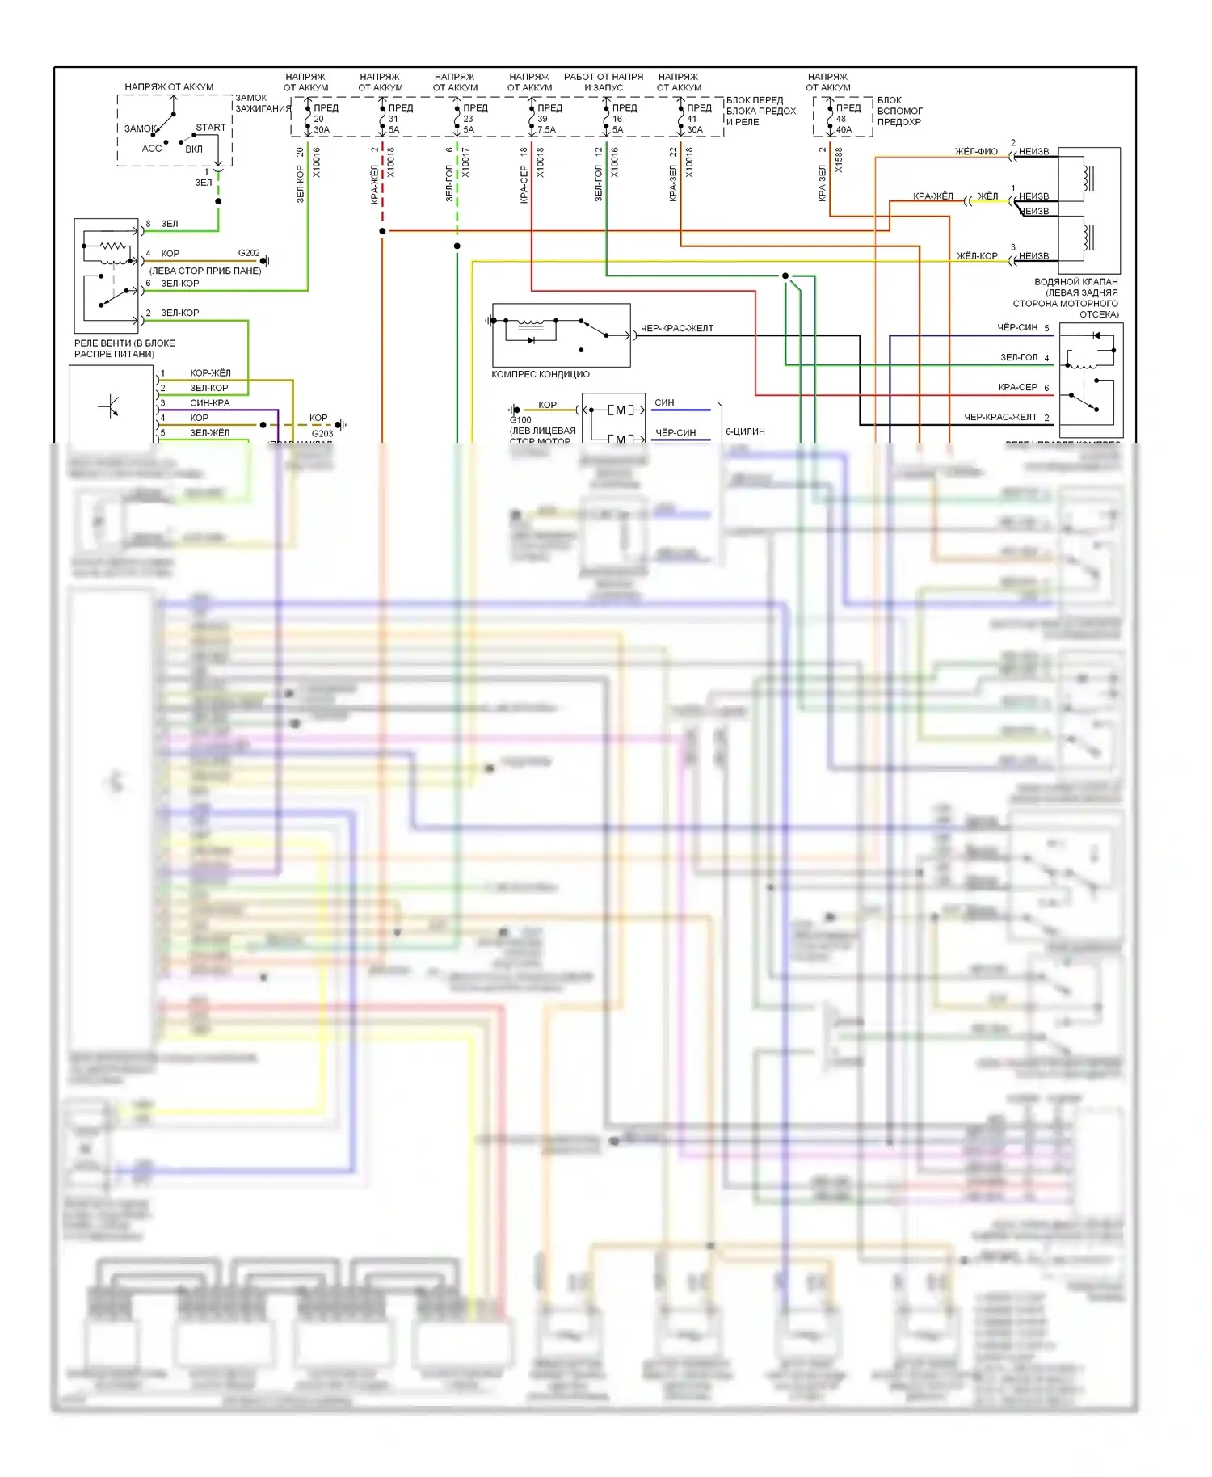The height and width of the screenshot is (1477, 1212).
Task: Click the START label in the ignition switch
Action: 211,128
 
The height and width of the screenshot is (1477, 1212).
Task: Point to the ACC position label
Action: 152,149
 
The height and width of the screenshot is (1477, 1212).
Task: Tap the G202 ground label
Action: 249,253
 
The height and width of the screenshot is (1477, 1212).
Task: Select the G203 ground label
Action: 322,434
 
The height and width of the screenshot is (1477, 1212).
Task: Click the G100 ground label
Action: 520,420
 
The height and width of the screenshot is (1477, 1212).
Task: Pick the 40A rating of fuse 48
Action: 844,130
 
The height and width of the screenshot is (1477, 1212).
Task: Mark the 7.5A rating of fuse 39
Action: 547,130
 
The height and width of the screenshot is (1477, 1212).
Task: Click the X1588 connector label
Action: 840,160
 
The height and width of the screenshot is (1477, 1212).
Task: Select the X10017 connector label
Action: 466,162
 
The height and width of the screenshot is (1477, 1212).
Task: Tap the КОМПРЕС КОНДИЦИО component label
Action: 541,375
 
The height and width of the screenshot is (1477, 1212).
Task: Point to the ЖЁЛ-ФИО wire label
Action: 976,152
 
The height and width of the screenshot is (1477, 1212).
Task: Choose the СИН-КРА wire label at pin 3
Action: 209,403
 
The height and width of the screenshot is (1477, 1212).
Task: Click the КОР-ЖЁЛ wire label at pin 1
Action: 210,373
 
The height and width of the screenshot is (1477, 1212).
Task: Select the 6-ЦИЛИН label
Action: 745,432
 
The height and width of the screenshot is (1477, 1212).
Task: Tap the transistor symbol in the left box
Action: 110,406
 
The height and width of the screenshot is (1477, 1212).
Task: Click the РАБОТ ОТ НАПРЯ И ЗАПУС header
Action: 604,82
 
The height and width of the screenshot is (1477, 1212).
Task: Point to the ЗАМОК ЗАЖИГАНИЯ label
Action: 262,103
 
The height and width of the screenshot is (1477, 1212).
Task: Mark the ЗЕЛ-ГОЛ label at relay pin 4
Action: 1019,357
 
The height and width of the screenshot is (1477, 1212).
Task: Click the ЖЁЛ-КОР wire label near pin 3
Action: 977,256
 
